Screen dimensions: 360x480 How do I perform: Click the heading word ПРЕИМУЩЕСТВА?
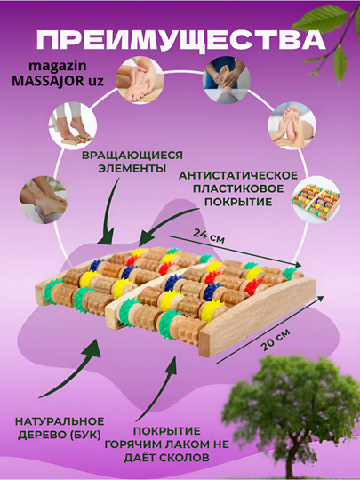click(x=180, y=41)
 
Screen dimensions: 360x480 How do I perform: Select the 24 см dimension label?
click(x=209, y=236)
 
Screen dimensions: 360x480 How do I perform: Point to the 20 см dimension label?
click(x=276, y=340)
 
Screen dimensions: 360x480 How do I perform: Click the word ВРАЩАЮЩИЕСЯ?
click(x=132, y=155)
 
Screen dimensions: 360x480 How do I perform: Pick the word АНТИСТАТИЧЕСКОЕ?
click(x=238, y=175)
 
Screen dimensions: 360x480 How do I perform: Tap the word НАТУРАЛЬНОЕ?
click(x=60, y=421)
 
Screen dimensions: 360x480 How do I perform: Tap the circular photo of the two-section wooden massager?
click(x=316, y=200)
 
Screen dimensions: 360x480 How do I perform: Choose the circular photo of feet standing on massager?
click(x=73, y=126)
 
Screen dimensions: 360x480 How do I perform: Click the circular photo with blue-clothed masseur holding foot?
click(x=227, y=79)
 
